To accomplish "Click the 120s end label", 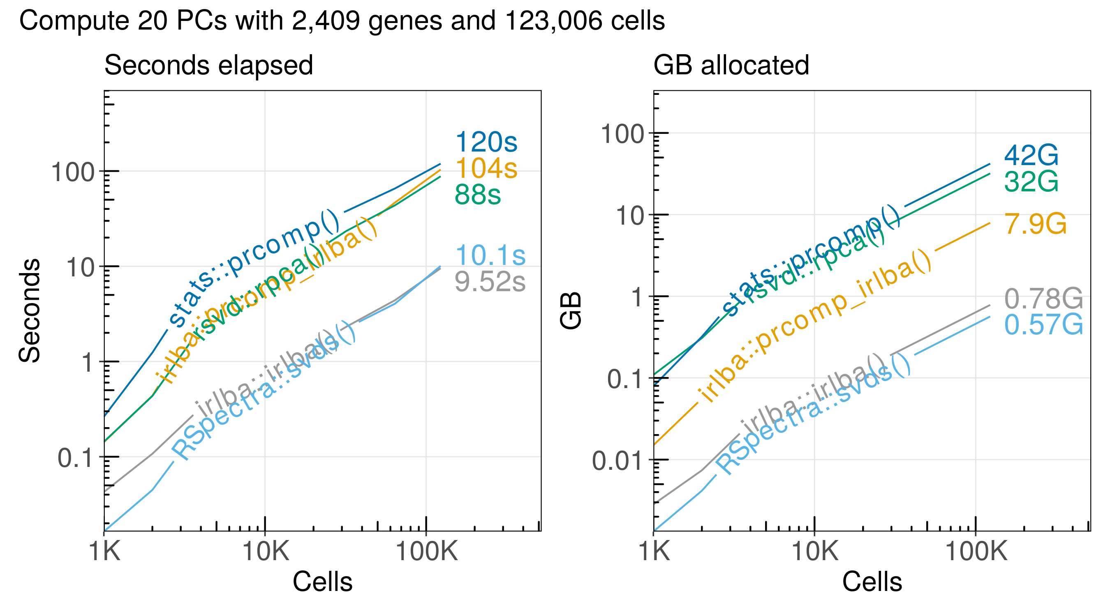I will point(486,142).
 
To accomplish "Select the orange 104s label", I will point(486,168).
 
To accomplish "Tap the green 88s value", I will point(477,195).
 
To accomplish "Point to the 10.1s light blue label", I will point(490,255).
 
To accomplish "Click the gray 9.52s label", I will point(490,283).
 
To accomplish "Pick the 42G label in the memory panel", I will point(1031,155).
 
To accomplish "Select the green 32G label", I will point(1031,182).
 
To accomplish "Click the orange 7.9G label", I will point(1036,224).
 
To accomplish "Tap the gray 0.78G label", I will point(1043,299).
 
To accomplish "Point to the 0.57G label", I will point(1043,324).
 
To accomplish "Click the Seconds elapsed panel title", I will point(208,65).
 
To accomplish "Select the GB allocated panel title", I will point(731,65).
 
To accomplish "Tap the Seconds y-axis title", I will point(29,310).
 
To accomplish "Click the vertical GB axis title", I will point(571,310).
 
